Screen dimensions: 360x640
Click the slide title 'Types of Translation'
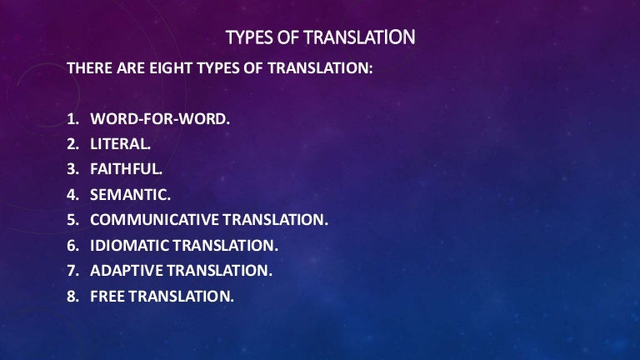321,37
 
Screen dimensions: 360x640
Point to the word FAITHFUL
126,168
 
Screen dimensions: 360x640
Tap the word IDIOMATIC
128,246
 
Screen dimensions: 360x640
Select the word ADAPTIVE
126,271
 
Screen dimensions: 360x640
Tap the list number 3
72,168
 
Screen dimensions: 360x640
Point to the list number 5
72,220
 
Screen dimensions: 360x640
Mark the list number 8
72,297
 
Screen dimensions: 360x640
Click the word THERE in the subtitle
88,69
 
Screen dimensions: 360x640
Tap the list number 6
72,246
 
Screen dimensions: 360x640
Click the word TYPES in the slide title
247,37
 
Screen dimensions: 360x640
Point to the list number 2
72,142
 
